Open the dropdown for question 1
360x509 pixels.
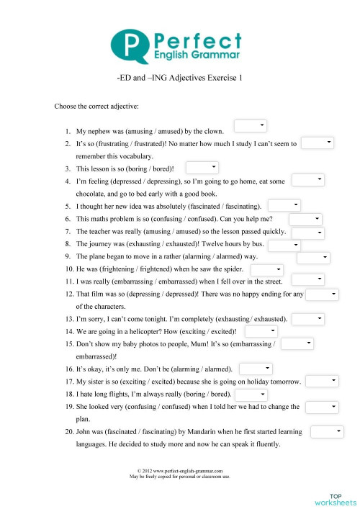click(251, 127)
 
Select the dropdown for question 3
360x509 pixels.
click(202, 168)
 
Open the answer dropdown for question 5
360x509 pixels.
click(284, 206)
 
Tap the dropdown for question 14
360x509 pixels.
click(261, 330)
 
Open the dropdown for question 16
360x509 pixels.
click(256, 369)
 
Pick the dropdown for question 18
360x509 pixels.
click(251, 395)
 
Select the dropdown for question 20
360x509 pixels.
click(328, 431)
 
